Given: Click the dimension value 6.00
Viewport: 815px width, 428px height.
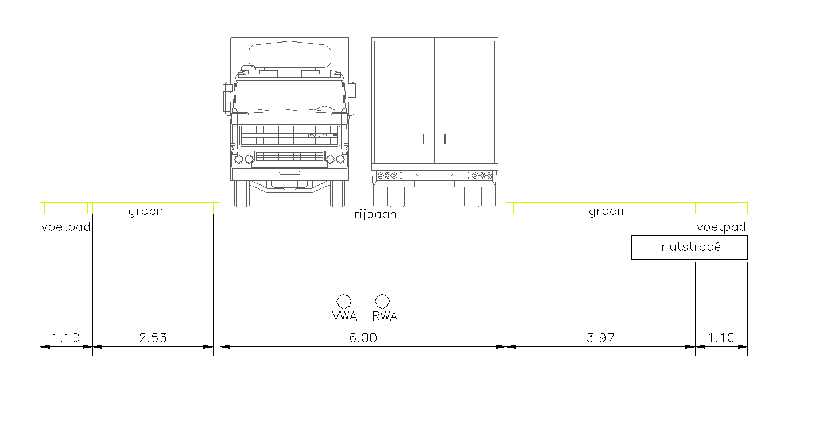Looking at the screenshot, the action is [x=363, y=338].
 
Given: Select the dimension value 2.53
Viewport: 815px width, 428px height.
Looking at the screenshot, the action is [x=153, y=338].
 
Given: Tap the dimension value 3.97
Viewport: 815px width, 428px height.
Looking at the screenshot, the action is [x=601, y=338].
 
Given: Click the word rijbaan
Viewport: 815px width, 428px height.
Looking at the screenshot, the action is [x=375, y=214].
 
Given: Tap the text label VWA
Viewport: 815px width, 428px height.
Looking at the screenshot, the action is [x=344, y=316].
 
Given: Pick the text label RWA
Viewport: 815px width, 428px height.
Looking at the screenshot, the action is [x=385, y=316].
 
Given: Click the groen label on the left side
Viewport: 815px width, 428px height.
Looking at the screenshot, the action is [x=146, y=211].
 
